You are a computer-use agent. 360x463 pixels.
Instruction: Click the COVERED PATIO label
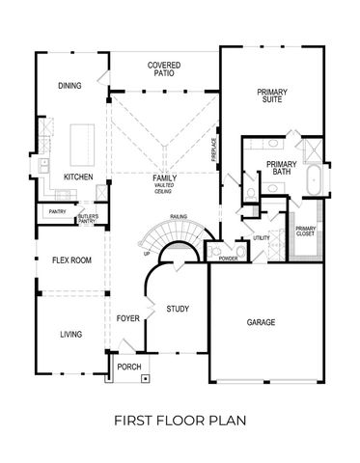click(165, 69)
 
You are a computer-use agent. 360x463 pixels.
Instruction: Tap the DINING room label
click(69, 86)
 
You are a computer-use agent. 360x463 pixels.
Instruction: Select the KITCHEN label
click(78, 178)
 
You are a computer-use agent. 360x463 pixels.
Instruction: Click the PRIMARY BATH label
click(282, 169)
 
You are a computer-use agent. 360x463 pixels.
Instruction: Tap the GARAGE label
click(261, 322)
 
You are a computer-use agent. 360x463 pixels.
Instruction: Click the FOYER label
click(128, 317)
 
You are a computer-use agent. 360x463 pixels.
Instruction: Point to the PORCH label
click(128, 368)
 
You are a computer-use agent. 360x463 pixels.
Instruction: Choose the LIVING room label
click(70, 335)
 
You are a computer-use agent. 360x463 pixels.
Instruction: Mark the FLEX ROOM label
click(71, 260)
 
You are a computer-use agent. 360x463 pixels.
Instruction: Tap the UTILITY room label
click(262, 238)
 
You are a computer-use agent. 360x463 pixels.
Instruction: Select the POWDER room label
click(228, 259)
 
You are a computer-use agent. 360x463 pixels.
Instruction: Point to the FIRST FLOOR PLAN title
click(180, 421)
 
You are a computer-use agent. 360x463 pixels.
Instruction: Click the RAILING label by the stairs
click(178, 216)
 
